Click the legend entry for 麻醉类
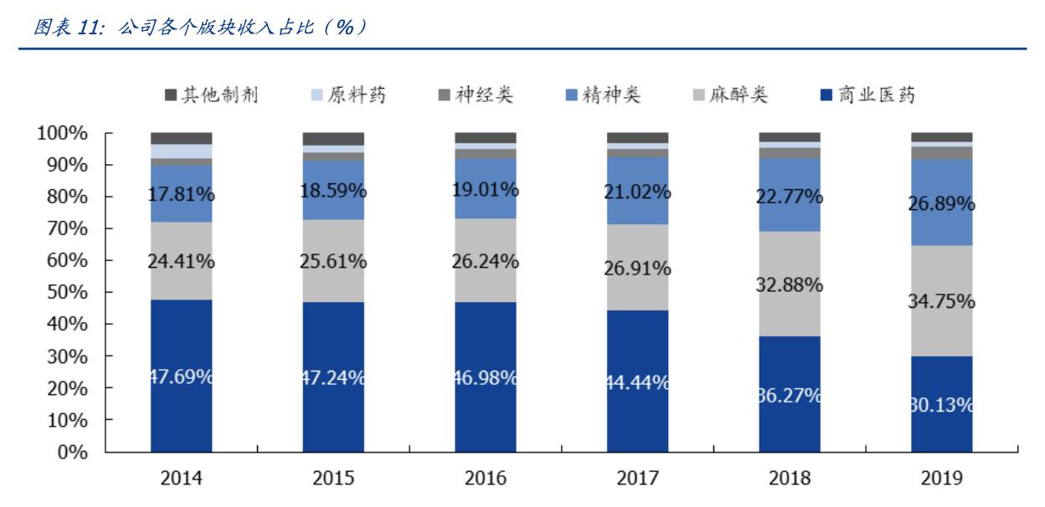pos(732,95)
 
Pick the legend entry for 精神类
pos(604,95)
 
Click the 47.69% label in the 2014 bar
pos(182,376)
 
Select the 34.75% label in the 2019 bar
pos(942,301)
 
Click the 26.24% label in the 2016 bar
pos(486,261)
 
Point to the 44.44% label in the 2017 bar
pos(637,382)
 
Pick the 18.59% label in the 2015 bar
pos(333,190)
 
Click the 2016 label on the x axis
pos(486,478)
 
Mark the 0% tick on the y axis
pos(74,453)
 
